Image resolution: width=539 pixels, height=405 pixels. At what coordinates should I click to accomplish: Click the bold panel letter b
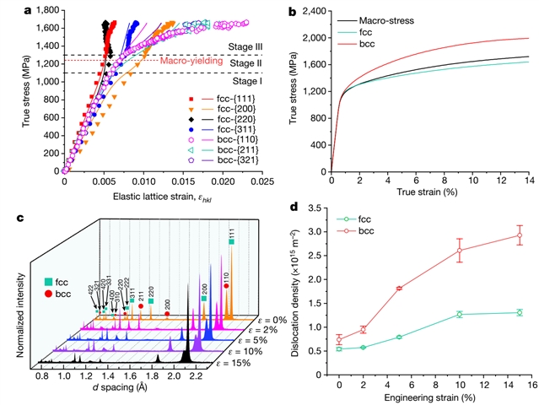tap(293, 11)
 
